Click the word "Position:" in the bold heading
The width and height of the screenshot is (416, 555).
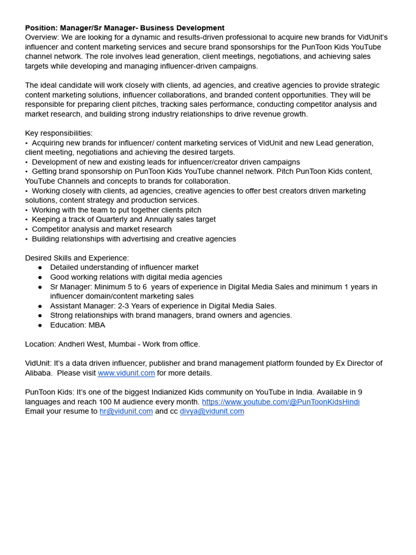pos(41,28)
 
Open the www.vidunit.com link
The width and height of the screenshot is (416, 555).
pos(126,373)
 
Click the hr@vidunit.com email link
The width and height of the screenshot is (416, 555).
pos(126,411)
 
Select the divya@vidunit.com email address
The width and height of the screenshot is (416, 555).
pos(212,411)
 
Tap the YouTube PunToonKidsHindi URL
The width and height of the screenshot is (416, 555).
pos(281,402)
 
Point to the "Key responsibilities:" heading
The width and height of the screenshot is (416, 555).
pos(58,133)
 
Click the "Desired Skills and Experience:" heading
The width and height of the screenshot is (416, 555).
pos(77,258)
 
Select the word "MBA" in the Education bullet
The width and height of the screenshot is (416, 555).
pos(97,325)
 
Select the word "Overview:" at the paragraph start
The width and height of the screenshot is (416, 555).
pos(42,37)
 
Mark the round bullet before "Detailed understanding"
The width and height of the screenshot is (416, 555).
pos(40,268)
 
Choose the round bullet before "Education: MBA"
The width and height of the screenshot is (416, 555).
pos(40,325)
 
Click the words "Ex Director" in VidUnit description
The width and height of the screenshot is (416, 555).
pos(339,363)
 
